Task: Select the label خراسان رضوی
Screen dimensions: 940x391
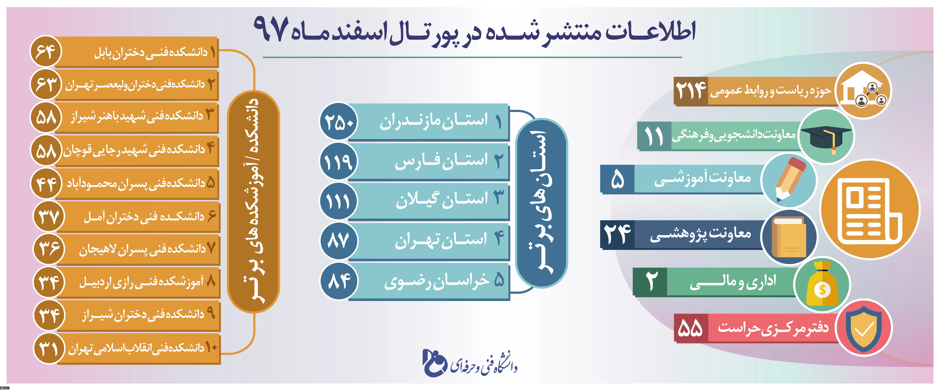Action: pyautogui.click(x=436, y=281)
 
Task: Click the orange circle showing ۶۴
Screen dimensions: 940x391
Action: pyautogui.click(x=46, y=52)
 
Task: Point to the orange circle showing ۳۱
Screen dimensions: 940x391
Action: pyautogui.click(x=49, y=348)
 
